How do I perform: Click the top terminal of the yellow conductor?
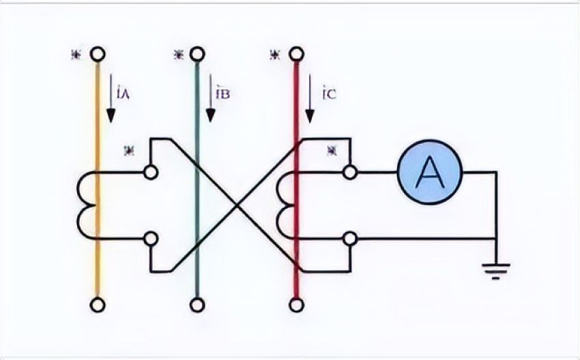pyautogui.click(x=98, y=54)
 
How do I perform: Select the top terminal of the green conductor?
pyautogui.click(x=197, y=54)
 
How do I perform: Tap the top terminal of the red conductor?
pyautogui.click(x=295, y=54)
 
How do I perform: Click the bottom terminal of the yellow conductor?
pyautogui.click(x=98, y=304)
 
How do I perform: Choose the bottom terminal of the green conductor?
pyautogui.click(x=197, y=304)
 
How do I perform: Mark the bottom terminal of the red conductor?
pyautogui.click(x=295, y=304)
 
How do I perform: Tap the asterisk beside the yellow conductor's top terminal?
pyautogui.click(x=74, y=54)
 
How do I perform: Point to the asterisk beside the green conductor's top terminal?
pyautogui.click(x=179, y=54)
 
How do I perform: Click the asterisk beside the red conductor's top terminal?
pyautogui.click(x=276, y=54)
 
